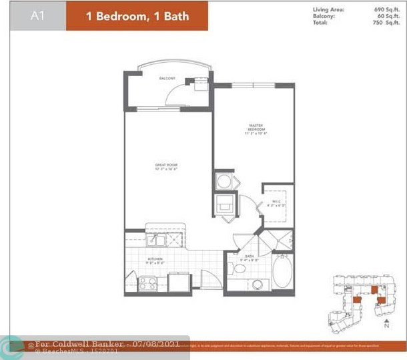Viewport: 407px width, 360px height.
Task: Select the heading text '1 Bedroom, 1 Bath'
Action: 137,16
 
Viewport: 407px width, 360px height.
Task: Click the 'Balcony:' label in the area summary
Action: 324,15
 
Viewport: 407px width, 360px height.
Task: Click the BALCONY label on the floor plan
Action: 167,79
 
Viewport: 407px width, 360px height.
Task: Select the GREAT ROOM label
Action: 167,165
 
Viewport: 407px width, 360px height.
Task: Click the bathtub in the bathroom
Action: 282,273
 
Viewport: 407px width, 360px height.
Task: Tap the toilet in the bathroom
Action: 238,269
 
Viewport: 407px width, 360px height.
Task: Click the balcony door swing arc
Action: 175,96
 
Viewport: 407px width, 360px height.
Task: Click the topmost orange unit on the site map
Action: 374,288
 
